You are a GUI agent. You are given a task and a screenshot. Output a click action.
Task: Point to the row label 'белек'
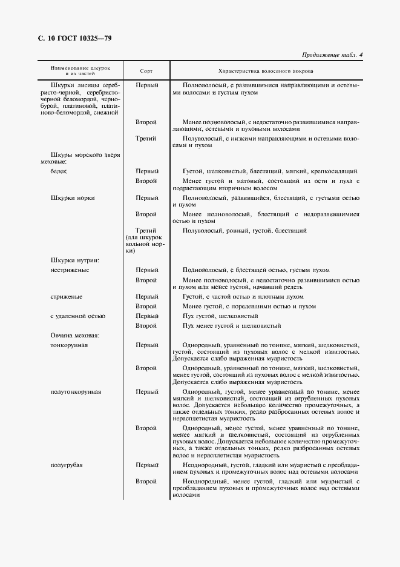tap(59, 171)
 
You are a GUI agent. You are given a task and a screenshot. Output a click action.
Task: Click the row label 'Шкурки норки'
tap(73, 197)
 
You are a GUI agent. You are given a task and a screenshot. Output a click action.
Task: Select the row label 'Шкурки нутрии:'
tap(76, 260)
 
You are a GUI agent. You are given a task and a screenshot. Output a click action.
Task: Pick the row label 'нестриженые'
tap(70, 270)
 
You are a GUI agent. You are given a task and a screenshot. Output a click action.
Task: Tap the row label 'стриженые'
tap(67, 297)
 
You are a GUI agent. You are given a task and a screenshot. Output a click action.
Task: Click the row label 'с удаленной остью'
tap(78, 316)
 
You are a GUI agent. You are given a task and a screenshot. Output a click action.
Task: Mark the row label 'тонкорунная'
tap(70, 345)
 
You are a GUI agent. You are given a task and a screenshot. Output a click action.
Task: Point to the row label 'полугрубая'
tap(67, 465)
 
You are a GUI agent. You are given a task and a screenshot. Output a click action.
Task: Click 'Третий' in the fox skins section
tap(146, 138)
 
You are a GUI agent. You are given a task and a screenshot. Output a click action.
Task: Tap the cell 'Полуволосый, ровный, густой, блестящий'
tap(244, 231)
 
